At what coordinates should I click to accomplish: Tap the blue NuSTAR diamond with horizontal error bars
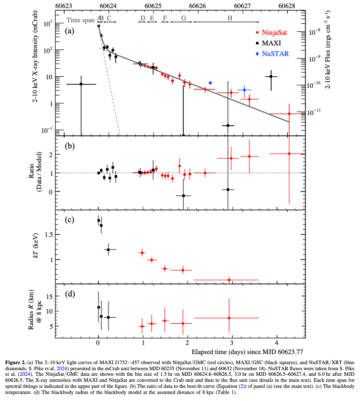(x=244, y=90)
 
